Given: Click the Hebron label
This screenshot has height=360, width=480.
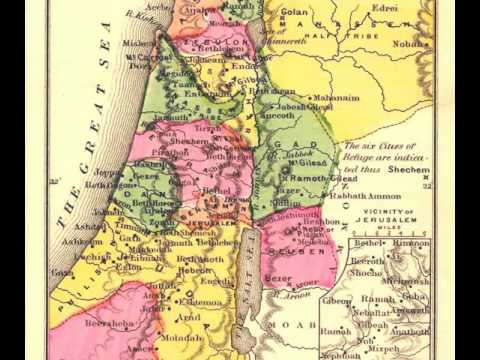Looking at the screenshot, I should [195, 270].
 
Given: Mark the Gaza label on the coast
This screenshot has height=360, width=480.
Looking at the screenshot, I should [62, 271].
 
